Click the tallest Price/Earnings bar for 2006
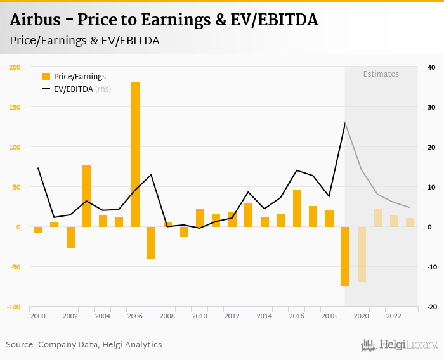(135, 154)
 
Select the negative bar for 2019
(346, 257)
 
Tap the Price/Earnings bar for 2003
(86, 196)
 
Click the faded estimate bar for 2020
(362, 254)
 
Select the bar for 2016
(297, 209)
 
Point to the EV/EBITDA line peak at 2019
(345, 123)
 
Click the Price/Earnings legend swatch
(46, 77)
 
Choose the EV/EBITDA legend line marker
(46, 89)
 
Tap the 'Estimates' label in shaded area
(381, 74)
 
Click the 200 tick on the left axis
(15, 67)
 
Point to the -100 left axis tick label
(14, 307)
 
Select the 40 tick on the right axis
(431, 67)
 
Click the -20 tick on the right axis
(431, 307)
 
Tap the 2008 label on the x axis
(167, 316)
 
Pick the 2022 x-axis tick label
(394, 316)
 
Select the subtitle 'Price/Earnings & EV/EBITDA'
(84, 41)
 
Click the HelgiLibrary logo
(399, 345)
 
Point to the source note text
(84, 345)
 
